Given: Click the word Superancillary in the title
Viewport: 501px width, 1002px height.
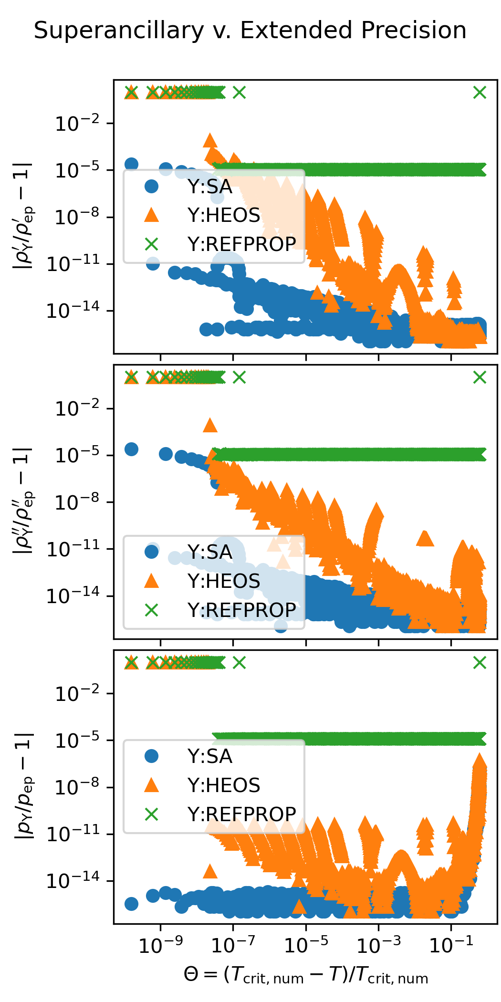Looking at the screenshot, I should (119, 31).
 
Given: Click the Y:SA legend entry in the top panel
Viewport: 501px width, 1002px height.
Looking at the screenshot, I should (210, 187).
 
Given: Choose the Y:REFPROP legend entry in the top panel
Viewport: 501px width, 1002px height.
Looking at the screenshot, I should (241, 244).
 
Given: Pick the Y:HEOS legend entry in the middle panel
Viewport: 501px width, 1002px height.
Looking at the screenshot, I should (224, 581).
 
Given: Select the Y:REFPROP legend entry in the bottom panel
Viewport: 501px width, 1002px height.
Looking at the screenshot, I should (241, 814).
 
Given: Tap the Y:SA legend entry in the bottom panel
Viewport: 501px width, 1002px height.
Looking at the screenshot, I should (210, 756).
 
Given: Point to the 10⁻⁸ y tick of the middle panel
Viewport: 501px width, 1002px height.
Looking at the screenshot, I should (77, 502).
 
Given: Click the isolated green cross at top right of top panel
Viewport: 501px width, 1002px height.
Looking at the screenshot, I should (480, 93).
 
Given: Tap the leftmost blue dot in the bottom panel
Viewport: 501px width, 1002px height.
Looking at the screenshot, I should (131, 904).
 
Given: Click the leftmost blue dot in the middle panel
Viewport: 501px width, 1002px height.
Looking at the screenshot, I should (131, 449).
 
